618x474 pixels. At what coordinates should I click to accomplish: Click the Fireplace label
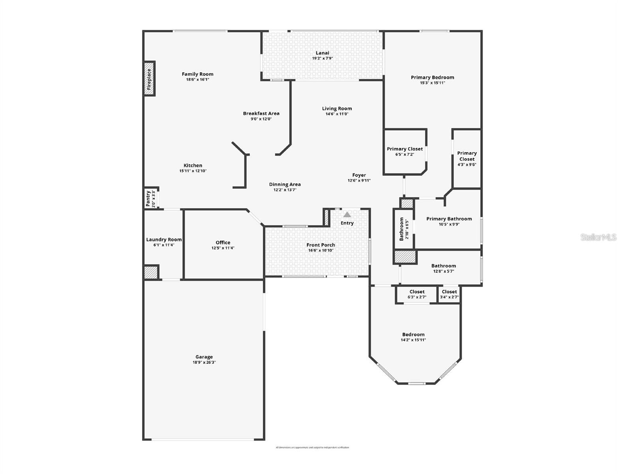coord(149,79)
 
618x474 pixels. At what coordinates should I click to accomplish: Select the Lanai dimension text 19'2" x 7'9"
coord(322,58)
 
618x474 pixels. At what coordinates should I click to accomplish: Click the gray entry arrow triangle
coord(347,214)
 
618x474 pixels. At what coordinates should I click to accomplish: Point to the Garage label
coord(204,357)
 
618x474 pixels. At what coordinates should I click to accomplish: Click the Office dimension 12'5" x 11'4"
coord(223,248)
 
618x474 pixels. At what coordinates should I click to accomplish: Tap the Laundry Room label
coord(164,239)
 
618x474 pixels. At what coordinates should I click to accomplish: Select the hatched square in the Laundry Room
coord(151,272)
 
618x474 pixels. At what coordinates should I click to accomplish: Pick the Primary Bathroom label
coord(449,219)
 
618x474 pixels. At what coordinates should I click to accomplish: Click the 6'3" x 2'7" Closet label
coord(417,292)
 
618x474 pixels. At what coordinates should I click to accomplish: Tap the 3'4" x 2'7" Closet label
coord(449,292)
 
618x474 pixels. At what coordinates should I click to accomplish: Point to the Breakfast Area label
coord(261,113)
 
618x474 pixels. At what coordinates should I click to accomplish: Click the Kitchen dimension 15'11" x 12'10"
coord(193,171)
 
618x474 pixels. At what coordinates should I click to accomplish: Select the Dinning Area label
coord(285,184)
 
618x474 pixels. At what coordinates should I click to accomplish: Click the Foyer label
coord(359,175)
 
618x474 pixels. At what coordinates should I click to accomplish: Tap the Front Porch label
coord(320,245)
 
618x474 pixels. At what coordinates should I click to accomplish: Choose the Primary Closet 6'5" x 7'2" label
coord(405,149)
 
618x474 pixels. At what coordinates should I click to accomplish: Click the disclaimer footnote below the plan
coord(312,448)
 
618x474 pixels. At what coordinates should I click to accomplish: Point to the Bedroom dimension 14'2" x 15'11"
coord(413,340)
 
